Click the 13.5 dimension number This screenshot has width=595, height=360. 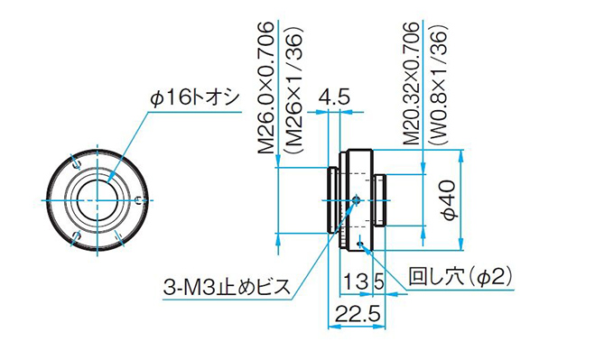point(365,282)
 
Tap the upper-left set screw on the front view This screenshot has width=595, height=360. point(76,163)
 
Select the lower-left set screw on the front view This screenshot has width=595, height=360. point(76,235)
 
